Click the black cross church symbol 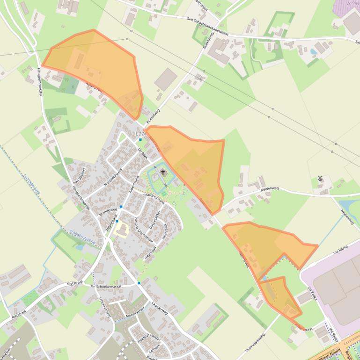tap(163, 173)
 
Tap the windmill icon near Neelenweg tap(321, 179)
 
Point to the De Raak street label tap(143, 153)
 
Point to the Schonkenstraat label tap(109, 286)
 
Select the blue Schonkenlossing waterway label tap(82, 237)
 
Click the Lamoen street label tap(154, 348)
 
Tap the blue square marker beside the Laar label tap(140, 139)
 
